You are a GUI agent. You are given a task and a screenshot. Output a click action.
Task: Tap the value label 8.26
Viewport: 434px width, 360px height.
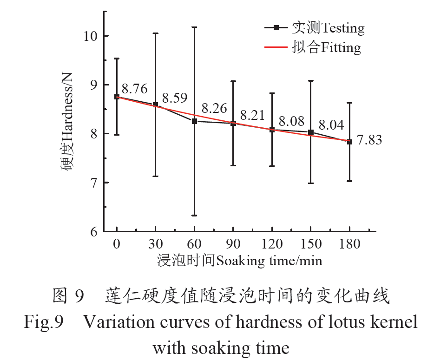pyautogui.click(x=214, y=109)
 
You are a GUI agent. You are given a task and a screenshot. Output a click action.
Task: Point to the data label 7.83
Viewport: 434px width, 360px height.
pyautogui.click(x=369, y=140)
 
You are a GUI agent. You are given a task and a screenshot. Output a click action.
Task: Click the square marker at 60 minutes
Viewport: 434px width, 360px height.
pyautogui.click(x=194, y=121)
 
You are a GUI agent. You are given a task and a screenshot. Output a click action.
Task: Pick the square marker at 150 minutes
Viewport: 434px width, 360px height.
pyautogui.click(x=311, y=132)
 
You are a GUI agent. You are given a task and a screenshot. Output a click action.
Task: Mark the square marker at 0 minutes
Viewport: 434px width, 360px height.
pyautogui.click(x=117, y=97)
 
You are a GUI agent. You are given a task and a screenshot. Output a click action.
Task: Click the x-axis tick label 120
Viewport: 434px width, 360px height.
pyautogui.click(x=272, y=244)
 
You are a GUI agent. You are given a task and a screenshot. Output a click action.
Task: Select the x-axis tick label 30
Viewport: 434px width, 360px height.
pyautogui.click(x=155, y=244)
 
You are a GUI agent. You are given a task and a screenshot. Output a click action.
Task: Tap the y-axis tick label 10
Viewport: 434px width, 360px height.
pyautogui.click(x=90, y=36)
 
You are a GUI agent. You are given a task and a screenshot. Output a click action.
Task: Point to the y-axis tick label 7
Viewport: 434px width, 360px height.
pyautogui.click(x=93, y=183)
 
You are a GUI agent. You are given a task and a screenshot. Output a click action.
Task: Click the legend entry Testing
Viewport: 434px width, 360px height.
pyautogui.click(x=328, y=28)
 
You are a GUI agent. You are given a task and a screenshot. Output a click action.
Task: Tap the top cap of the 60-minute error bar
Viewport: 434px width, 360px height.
pyautogui.click(x=194, y=27)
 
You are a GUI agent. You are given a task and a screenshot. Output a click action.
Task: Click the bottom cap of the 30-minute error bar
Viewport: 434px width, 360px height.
pyautogui.click(x=155, y=177)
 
